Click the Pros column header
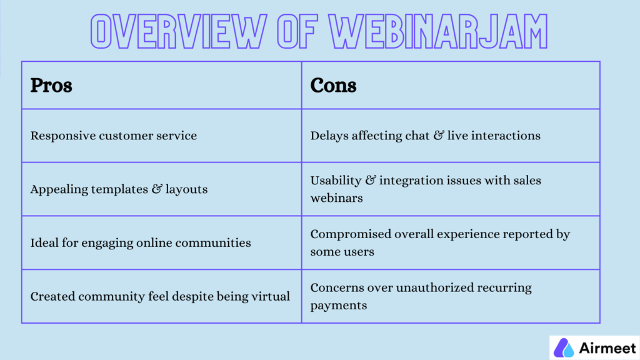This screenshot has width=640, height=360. click(x=51, y=85)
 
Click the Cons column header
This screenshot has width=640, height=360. click(x=333, y=85)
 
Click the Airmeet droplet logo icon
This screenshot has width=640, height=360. click(x=564, y=347)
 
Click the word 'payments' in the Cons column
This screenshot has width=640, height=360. click(x=338, y=306)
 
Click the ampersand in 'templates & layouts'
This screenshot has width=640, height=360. click(x=156, y=189)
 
